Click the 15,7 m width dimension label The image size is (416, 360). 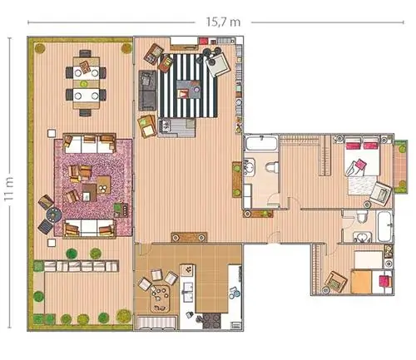pos(223,22)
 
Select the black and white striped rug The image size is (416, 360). pos(188,86)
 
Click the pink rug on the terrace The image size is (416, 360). pos(93,188)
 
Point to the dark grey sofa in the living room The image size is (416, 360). pos(147,91)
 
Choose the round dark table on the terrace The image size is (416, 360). pos(54,215)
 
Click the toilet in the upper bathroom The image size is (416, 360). pos(271,167)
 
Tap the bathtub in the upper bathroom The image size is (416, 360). pos(261,143)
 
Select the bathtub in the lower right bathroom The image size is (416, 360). pos(385,227)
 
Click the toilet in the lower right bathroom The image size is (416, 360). pos(362,217)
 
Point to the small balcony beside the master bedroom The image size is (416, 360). pos(401,167)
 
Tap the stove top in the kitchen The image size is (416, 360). pos(212,321)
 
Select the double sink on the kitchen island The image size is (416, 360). pos(188,292)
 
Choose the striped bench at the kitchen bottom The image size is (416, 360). pos(157,323)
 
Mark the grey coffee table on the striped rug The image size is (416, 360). pos(189,89)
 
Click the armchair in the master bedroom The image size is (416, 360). pos(380,194)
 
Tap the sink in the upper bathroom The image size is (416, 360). pos(249,167)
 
